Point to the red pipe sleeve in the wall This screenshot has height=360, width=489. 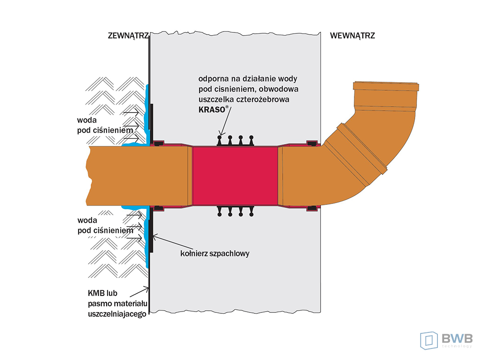pyautogui.click(x=236, y=176)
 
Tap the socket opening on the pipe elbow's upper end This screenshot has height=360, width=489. pyautogui.click(x=385, y=85)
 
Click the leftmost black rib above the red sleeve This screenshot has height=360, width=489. pyautogui.click(x=220, y=140)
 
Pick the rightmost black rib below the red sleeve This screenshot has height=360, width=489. pyautogui.click(x=252, y=212)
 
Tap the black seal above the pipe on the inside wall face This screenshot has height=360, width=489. pyautogui.click(x=312, y=143)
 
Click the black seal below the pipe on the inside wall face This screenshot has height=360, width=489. pyautogui.click(x=312, y=208)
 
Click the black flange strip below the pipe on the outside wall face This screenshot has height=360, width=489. pyautogui.click(x=151, y=236)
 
